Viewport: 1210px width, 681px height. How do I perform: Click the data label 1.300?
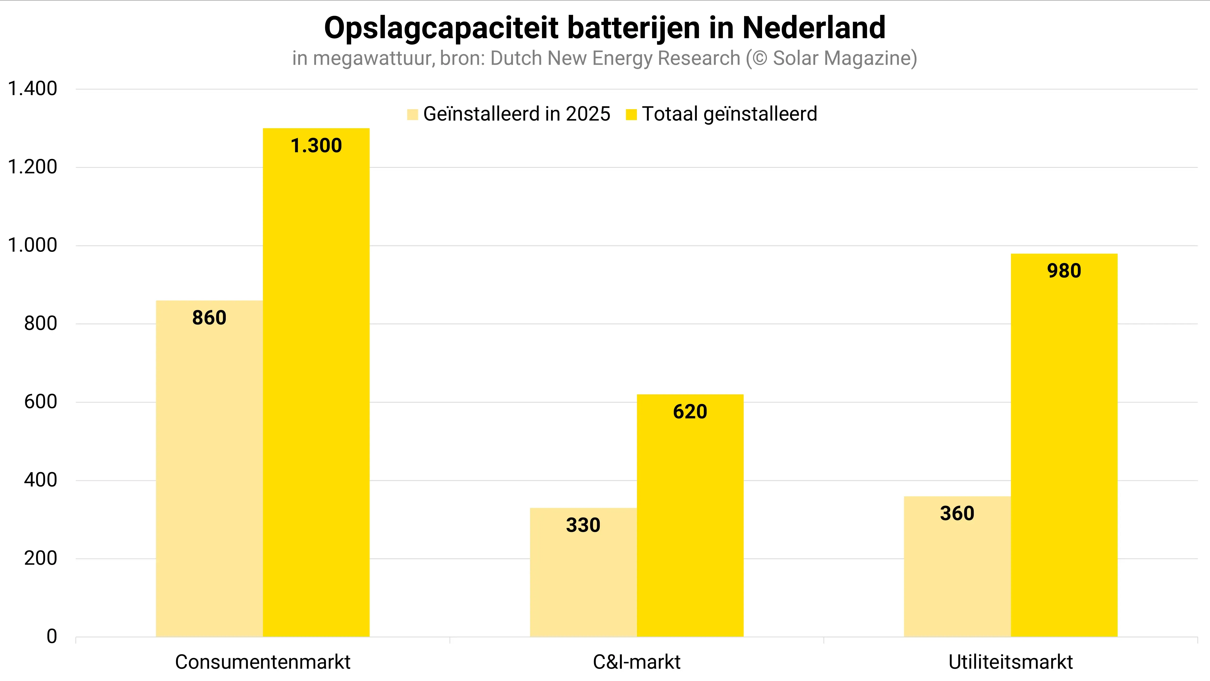[x=316, y=146]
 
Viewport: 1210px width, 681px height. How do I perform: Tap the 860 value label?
[x=209, y=318]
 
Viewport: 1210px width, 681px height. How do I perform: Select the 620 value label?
[x=690, y=412]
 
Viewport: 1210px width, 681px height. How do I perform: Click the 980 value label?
[x=1064, y=271]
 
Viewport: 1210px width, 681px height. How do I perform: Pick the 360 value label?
[x=957, y=514]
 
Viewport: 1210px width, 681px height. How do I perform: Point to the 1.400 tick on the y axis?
[x=32, y=89]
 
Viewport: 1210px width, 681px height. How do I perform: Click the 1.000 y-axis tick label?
[x=32, y=245]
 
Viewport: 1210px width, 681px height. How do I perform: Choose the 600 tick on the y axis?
[x=41, y=402]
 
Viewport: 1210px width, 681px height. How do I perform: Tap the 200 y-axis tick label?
[x=41, y=558]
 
